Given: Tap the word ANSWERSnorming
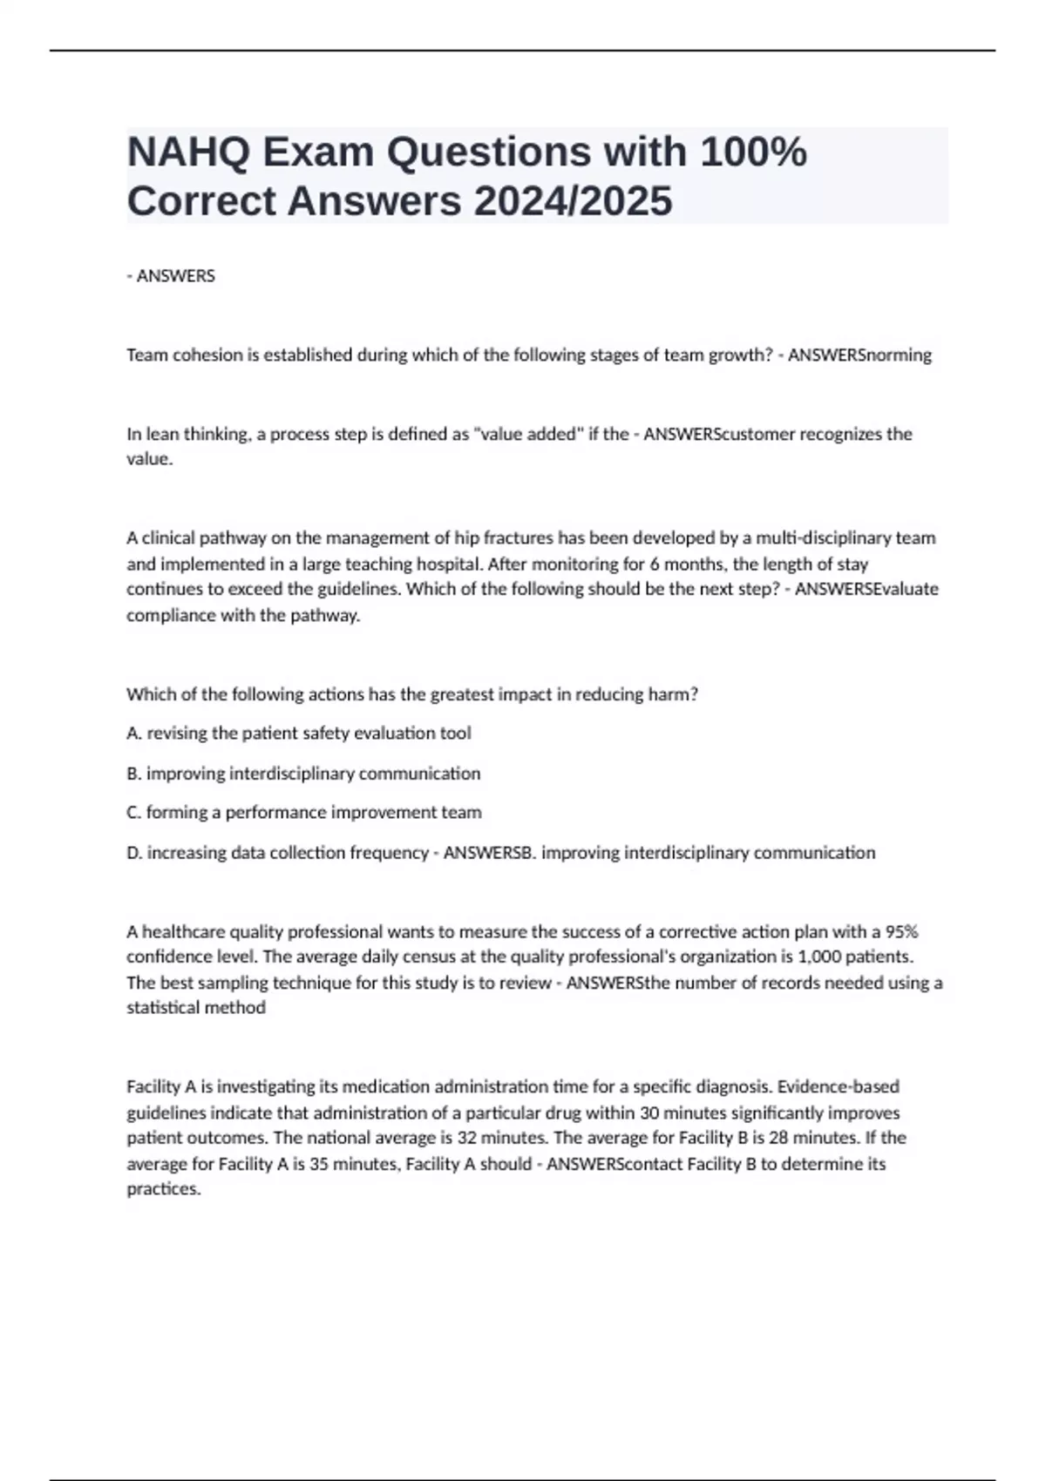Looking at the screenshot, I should point(859,355).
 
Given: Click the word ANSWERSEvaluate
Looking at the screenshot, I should point(866,589).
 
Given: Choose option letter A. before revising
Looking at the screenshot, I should point(134,734).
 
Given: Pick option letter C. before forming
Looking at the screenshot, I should point(134,813).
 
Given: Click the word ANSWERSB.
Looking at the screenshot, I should point(489,853).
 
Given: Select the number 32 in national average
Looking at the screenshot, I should point(468,1138).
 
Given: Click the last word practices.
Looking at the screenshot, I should point(163,1189).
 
